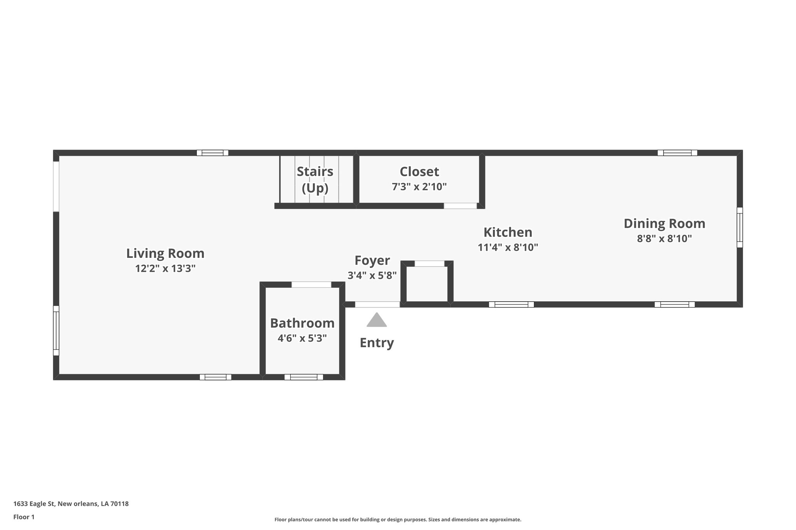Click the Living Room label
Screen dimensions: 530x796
point(165,254)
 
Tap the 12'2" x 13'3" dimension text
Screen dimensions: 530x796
point(165,269)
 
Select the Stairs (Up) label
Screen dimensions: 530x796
point(315,179)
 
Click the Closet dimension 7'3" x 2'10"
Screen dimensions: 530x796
point(419,187)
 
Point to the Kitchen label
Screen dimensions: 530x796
point(508,232)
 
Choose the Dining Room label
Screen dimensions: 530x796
point(664,224)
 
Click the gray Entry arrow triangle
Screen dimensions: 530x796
point(377,320)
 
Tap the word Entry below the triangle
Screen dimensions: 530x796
point(377,343)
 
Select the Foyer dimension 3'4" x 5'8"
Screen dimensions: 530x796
point(372,275)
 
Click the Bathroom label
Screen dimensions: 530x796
point(302,323)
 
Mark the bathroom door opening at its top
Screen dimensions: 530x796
point(311,285)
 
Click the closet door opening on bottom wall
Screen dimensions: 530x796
point(460,206)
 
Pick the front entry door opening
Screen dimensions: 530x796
point(377,304)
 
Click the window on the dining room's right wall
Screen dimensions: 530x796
point(740,227)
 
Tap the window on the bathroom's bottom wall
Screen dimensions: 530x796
point(304,377)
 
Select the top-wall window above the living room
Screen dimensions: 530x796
point(212,153)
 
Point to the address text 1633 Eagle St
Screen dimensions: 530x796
point(71,504)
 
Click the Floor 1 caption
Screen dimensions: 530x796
point(24,517)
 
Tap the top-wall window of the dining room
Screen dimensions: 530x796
point(677,153)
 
